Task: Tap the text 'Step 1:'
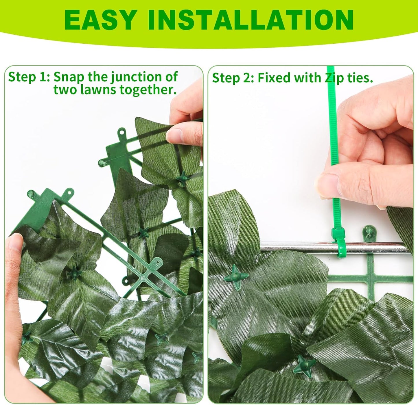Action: pos(29,77)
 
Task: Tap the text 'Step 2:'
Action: pos(233,78)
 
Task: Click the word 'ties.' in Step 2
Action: pos(360,78)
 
